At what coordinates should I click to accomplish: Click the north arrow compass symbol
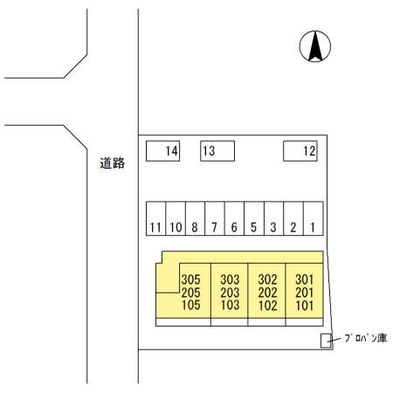(x=315, y=46)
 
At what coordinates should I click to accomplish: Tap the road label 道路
(x=113, y=163)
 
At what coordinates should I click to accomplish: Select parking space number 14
(x=162, y=151)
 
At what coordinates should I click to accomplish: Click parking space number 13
(x=217, y=151)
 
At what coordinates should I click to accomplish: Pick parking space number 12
(x=300, y=151)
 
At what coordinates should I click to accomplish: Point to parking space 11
(x=155, y=218)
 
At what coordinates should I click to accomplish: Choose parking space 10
(x=176, y=218)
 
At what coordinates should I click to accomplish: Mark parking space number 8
(x=195, y=218)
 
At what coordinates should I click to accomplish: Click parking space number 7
(x=215, y=218)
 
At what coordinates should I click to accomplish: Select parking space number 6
(x=234, y=218)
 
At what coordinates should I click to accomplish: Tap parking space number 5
(x=254, y=218)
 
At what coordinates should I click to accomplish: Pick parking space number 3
(x=273, y=218)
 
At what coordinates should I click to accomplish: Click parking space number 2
(x=293, y=218)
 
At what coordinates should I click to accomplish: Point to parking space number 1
(x=314, y=218)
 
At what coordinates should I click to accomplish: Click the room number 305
(x=190, y=279)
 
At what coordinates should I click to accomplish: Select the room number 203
(x=230, y=293)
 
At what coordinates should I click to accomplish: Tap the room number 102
(x=267, y=306)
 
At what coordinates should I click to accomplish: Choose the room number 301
(x=305, y=279)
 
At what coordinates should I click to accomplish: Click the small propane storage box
(x=326, y=341)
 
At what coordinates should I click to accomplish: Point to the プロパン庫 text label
(x=366, y=338)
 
